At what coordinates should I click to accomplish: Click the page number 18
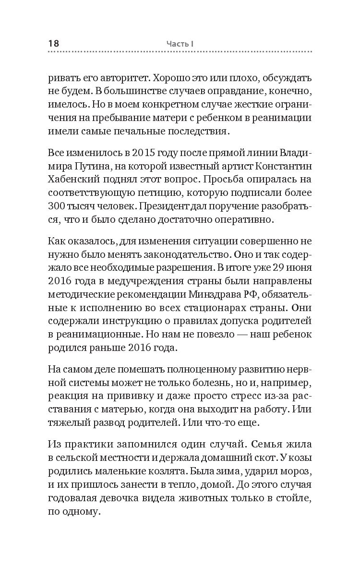(53, 43)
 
